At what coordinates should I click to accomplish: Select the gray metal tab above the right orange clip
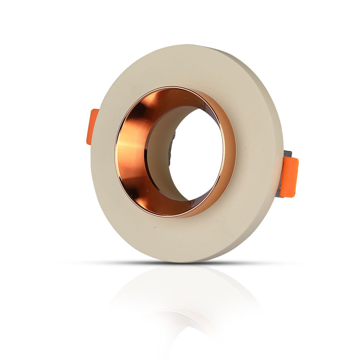click(288, 154)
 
